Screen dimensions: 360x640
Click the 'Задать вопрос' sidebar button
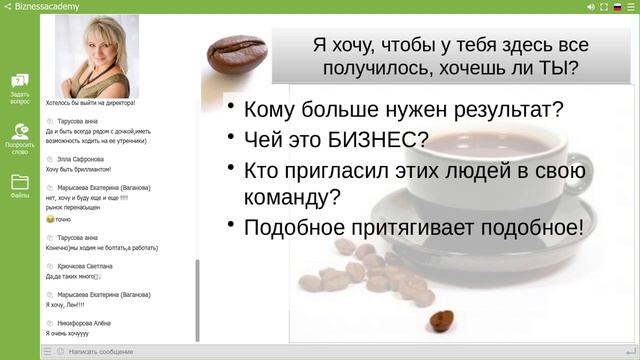pos(20,87)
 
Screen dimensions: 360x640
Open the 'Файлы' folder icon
pos(20,186)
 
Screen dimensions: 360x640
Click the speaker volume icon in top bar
pos(591,6)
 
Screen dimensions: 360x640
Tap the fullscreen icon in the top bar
pos(603,6)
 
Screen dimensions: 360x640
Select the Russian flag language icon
pos(617,6)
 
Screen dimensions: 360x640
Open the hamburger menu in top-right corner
pos(631,6)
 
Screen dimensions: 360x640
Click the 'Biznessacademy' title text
pos(47,6)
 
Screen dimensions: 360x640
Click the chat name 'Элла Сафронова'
pos(81,159)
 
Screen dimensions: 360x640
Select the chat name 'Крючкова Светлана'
pos(85,266)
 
